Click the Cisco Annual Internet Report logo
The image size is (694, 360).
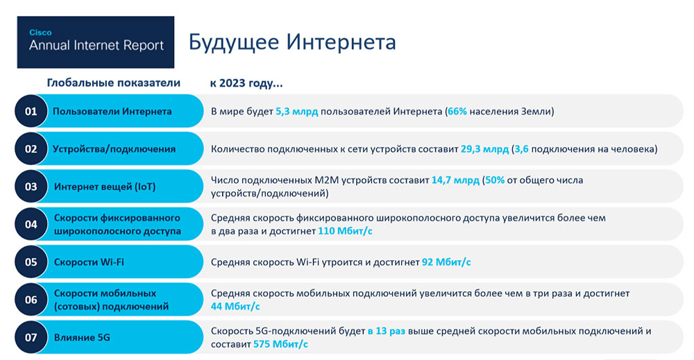pyautogui.click(x=96, y=42)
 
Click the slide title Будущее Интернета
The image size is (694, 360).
pyautogui.click(x=292, y=42)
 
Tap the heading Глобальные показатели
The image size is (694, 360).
pyautogui.click(x=114, y=83)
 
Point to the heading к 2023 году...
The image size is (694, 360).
pyautogui.click(x=246, y=83)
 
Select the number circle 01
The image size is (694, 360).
pyautogui.click(x=31, y=111)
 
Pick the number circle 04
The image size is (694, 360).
pyautogui.click(x=31, y=224)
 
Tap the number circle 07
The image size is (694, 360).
pyautogui.click(x=31, y=337)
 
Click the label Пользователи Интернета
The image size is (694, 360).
pyautogui.click(x=112, y=112)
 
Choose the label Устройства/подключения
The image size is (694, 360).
pyautogui.click(x=115, y=149)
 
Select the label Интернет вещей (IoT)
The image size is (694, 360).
pyautogui.click(x=105, y=187)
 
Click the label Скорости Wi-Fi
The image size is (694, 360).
pyautogui.click(x=89, y=262)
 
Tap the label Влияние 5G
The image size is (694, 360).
pyautogui.click(x=82, y=337)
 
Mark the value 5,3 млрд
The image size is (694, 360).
pyautogui.click(x=296, y=112)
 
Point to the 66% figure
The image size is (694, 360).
pyautogui.click(x=457, y=112)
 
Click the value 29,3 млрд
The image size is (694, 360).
pyautogui.click(x=484, y=149)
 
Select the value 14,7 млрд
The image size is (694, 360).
pyautogui.click(x=455, y=180)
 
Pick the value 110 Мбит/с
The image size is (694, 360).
pyautogui.click(x=345, y=231)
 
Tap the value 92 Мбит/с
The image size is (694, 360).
pyautogui.click(x=446, y=262)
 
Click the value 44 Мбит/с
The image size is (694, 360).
pyautogui.click(x=235, y=306)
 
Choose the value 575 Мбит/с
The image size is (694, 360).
pyautogui.click(x=280, y=344)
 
